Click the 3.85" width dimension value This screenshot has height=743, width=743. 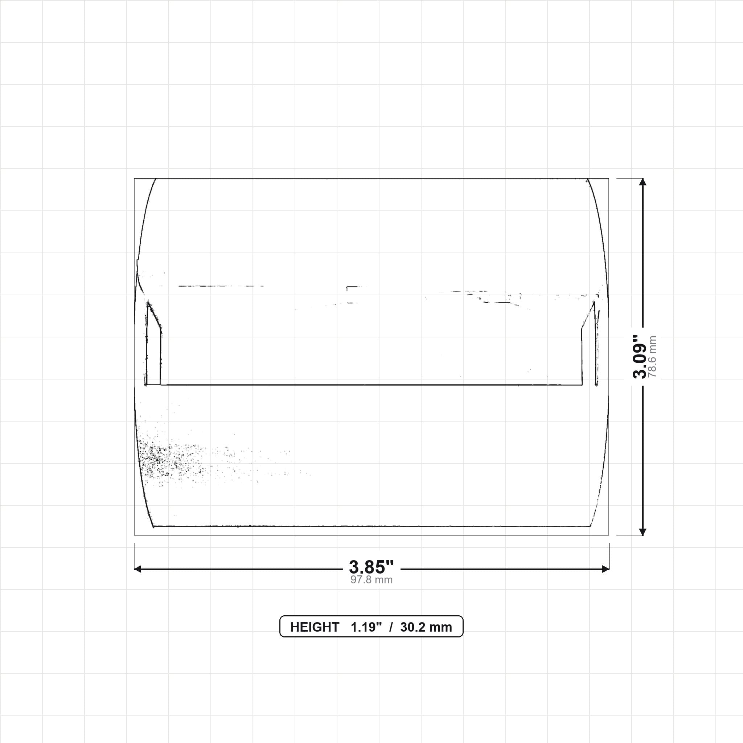[371, 567]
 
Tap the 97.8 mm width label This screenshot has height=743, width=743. [371, 580]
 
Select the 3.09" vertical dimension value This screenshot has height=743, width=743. [640, 357]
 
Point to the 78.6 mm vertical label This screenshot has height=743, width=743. [652, 357]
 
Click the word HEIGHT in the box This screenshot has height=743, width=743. [314, 627]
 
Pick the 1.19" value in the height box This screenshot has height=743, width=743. [366, 627]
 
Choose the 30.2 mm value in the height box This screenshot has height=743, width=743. [426, 627]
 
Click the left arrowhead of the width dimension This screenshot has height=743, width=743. [137, 569]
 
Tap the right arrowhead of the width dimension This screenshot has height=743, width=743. [606, 569]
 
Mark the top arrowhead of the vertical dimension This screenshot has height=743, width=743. [643, 182]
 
